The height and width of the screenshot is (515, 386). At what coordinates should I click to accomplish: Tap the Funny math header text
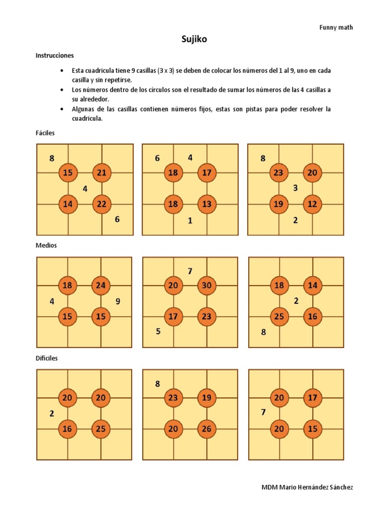coord(336,27)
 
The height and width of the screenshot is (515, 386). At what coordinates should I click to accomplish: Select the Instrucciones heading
coord(55,55)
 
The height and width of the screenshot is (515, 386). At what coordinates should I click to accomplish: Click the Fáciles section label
coord(45,133)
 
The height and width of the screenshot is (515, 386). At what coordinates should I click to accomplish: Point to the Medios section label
coord(46,245)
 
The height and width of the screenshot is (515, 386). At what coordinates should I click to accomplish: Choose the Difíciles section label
coord(47,358)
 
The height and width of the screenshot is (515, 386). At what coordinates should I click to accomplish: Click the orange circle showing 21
coord(102,174)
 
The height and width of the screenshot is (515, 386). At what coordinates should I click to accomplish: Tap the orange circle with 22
coord(102,204)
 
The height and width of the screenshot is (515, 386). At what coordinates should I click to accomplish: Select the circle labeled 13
coord(207,204)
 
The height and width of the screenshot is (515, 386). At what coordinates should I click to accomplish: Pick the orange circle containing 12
coord(312,204)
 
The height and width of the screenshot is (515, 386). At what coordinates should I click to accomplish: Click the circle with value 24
coord(101,286)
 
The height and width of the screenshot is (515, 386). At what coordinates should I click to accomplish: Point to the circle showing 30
coord(207,286)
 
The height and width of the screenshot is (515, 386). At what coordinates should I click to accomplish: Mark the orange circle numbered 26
coord(207,429)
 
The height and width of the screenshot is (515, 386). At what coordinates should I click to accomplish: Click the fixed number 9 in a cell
coord(118,302)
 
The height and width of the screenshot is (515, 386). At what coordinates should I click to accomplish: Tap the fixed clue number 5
coord(158,331)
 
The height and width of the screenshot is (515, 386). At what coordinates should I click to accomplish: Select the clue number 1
coord(190,220)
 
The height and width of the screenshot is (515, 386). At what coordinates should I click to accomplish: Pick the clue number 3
coord(296,188)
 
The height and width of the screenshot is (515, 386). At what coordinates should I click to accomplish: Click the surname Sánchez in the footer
coord(340,487)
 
